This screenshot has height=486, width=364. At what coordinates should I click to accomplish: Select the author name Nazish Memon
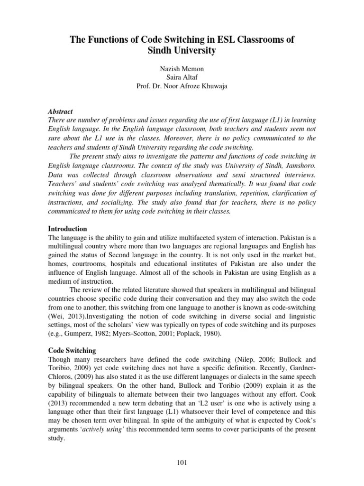click(x=182, y=69)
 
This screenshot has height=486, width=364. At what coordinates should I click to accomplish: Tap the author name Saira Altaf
click(x=182, y=78)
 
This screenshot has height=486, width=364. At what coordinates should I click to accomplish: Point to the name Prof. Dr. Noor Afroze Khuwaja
click(x=182, y=86)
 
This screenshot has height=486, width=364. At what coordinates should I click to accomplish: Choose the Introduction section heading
click(x=68, y=229)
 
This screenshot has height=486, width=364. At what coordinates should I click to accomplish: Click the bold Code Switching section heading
click(x=72, y=350)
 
